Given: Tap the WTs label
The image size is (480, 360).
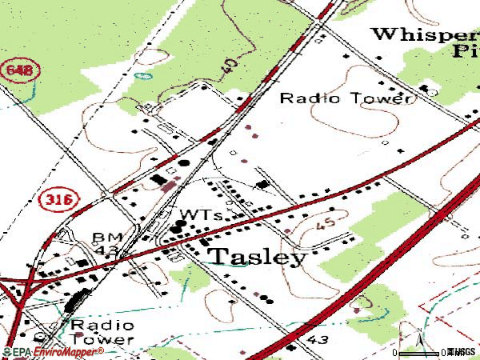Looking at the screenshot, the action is pyautogui.click(x=200, y=216).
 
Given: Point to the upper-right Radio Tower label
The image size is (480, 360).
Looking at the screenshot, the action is pyautogui.click(x=346, y=98).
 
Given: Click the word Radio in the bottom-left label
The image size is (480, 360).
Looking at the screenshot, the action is pyautogui.click(x=89, y=325).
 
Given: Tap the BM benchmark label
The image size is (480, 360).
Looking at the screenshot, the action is pyautogui.click(x=105, y=238).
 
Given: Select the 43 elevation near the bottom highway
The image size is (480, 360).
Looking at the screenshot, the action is pyautogui.click(x=316, y=339).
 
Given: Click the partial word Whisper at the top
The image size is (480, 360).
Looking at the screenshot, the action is pyautogui.click(x=424, y=34).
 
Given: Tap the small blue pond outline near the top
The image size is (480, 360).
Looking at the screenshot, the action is pyautogui.click(x=144, y=77).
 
